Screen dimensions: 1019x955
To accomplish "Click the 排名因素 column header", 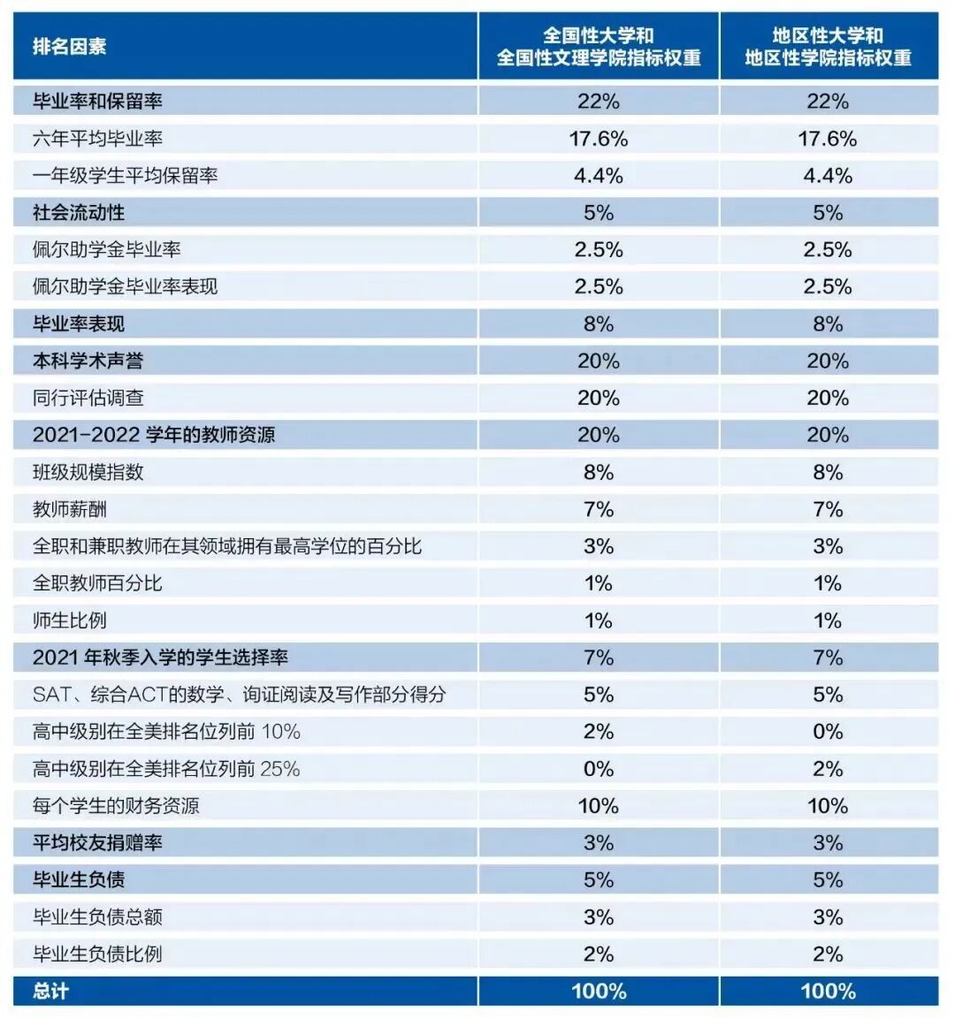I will point(70,47).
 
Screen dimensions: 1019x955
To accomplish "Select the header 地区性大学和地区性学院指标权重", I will point(828,47).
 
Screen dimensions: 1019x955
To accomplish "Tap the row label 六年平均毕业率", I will point(97,139).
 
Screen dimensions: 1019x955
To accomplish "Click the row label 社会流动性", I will point(79,213).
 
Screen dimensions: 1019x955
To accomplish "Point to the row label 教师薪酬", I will point(70,509).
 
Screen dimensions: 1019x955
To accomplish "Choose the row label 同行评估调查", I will point(88,398).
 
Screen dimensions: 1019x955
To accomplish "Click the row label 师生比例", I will point(70,620).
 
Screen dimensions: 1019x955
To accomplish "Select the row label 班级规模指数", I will point(88,472).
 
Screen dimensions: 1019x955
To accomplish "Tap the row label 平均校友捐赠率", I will point(97,842).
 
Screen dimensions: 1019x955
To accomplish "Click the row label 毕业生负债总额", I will point(97,916).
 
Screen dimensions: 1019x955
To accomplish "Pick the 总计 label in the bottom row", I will point(51,991).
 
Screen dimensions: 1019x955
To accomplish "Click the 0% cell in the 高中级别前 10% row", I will point(828,732).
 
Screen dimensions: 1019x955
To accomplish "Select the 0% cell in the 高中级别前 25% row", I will point(599,769).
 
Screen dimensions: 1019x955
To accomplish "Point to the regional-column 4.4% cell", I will point(828,176).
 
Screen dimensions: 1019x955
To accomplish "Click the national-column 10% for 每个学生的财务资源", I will point(599,806).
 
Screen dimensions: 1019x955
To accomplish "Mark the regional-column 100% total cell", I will point(828,991).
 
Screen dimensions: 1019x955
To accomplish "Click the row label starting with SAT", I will point(239,695).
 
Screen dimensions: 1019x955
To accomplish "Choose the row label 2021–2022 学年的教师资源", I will point(154,435).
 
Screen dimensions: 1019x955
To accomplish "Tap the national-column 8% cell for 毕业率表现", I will point(599,324).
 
